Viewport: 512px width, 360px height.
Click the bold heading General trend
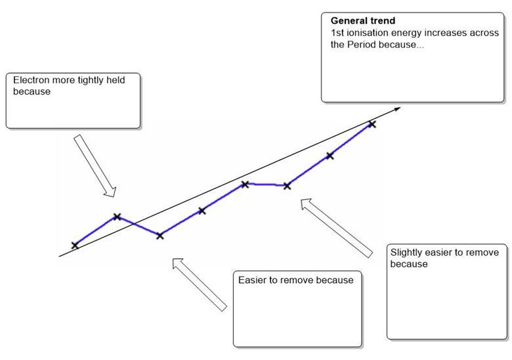[363, 21]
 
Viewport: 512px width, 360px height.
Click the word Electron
[32, 80]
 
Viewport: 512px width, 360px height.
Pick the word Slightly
[408, 252]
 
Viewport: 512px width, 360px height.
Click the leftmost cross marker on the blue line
[75, 245]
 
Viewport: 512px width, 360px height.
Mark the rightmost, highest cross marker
[372, 124]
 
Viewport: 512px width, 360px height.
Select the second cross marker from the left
[117, 216]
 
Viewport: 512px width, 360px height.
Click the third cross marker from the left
[160, 235]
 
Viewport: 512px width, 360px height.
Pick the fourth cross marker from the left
[202, 210]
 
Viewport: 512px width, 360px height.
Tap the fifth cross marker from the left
[244, 184]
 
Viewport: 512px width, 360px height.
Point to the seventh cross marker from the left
[330, 156]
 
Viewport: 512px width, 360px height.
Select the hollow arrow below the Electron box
[96, 166]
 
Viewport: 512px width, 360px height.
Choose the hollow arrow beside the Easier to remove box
[200, 284]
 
